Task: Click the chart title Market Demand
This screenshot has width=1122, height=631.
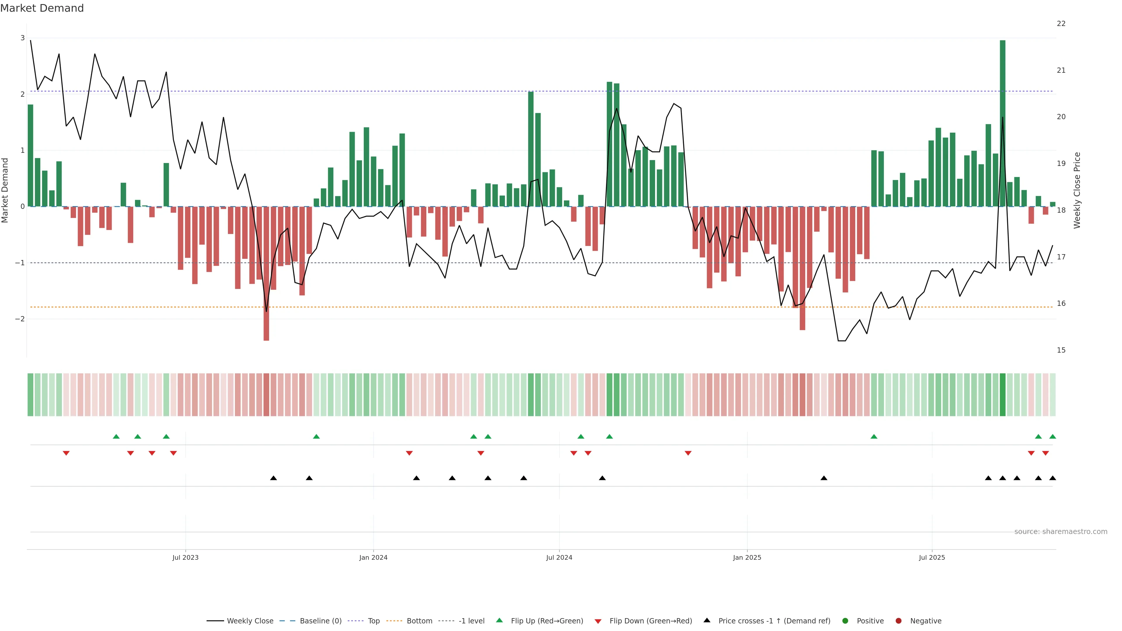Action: click(42, 8)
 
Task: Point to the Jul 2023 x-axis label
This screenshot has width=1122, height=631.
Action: click(185, 557)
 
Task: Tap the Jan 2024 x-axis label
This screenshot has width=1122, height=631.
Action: click(373, 557)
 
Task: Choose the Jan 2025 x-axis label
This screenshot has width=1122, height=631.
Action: click(747, 557)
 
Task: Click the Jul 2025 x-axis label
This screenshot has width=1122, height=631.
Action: click(932, 557)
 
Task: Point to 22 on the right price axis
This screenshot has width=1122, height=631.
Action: click(1061, 23)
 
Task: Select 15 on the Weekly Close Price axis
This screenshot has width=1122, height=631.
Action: click(1061, 350)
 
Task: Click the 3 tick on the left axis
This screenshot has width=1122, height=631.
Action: click(23, 38)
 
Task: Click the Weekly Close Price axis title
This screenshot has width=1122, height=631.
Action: click(1077, 190)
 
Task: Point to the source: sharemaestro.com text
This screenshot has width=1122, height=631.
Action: click(1061, 532)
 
